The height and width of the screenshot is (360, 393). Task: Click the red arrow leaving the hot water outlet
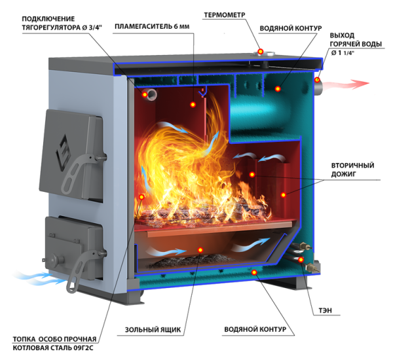point(348,84)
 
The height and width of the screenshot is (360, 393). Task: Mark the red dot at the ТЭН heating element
point(301,260)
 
